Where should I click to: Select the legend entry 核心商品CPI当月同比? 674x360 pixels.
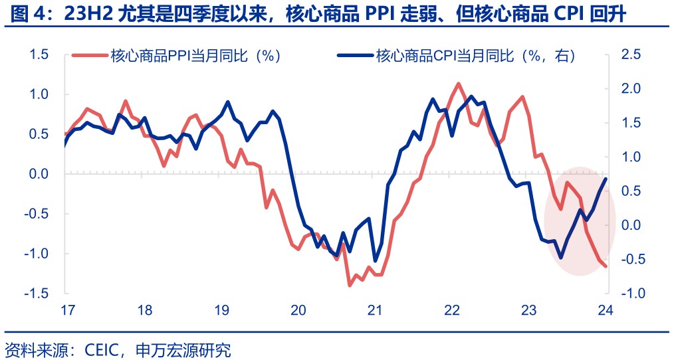466,56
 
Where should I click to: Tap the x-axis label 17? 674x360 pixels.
66,310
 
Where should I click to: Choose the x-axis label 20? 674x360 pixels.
298,310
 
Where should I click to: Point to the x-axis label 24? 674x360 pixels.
605,310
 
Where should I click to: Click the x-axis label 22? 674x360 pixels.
452,310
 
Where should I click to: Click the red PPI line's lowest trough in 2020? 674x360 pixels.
350,286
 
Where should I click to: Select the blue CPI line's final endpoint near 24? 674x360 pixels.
606,179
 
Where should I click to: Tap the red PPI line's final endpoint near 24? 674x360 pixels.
606,266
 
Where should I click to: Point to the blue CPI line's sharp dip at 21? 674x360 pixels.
375,261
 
